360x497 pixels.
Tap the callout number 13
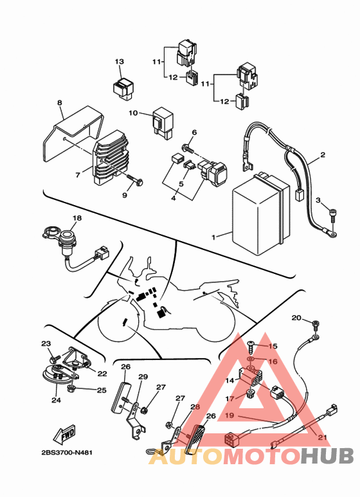coord(119,62)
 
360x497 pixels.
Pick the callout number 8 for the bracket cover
coord(60,103)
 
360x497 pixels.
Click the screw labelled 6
coord(188,148)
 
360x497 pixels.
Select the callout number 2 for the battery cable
coord(322,155)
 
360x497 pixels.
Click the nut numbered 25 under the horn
coord(71,388)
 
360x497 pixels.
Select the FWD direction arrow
coord(64,435)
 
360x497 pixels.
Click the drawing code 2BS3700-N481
coord(67,453)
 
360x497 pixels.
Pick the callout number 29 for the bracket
coord(143,377)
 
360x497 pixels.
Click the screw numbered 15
coord(251,347)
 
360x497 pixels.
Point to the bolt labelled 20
coord(316,324)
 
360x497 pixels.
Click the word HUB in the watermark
coord(327,456)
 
